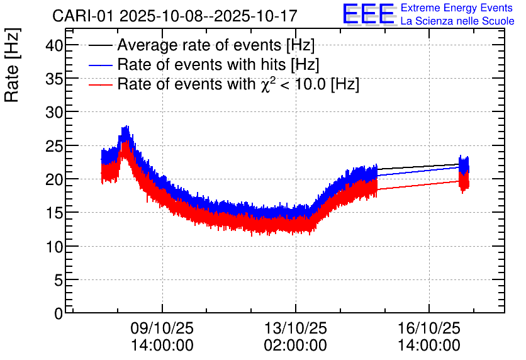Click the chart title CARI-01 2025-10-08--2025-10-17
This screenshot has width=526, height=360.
coord(174,16)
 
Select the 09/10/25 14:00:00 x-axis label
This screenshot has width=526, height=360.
coord(162,337)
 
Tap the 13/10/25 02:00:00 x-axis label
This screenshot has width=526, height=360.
coord(296,337)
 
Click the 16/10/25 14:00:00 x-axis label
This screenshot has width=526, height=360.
coord(429,337)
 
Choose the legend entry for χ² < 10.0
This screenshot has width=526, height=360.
coord(238,84)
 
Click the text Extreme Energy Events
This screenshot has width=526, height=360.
coord(457,8)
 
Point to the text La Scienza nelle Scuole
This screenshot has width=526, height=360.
coord(457,21)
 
